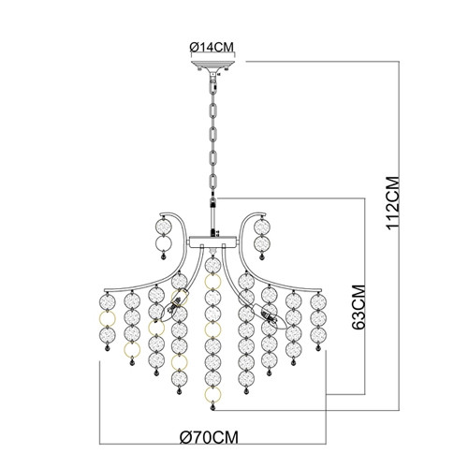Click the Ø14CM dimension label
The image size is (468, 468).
[x=212, y=47]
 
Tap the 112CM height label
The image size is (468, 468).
[x=392, y=203]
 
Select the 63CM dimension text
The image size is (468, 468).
[x=358, y=307]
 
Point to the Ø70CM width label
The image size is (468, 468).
[x=210, y=437]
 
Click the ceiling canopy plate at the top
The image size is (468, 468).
[x=212, y=65]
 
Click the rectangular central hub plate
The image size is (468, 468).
[x=213, y=241]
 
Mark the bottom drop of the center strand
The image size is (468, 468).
[x=213, y=407]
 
